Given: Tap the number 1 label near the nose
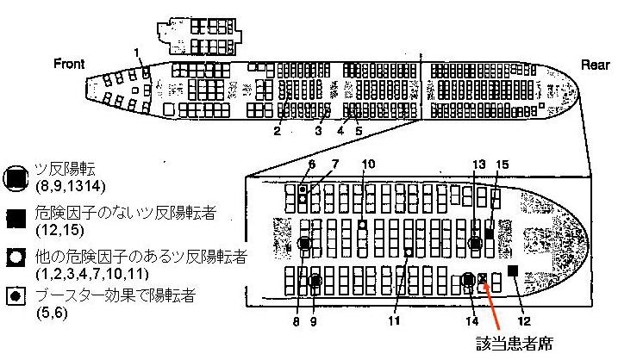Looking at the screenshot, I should pos(137,54).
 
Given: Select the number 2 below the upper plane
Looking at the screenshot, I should pos(277,132).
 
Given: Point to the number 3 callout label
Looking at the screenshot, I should pos(317,132).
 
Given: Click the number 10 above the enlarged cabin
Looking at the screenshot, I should pos(368,164).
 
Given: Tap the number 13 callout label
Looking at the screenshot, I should pos(479,164).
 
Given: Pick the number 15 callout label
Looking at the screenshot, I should pos(503,164).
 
